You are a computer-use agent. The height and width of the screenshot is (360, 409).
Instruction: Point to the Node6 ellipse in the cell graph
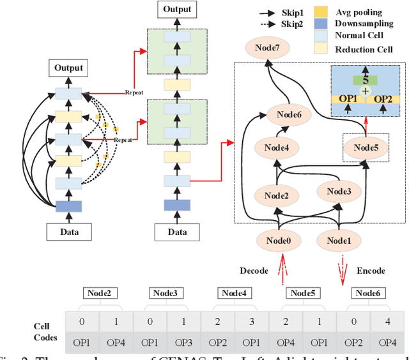pyautogui.click(x=293, y=115)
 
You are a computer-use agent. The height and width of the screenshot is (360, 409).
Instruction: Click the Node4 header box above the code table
pyautogui.click(x=235, y=293)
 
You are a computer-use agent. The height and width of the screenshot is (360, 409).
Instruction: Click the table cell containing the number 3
pyautogui.click(x=252, y=320)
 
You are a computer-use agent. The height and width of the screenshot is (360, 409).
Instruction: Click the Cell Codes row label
pyautogui.click(x=45, y=331)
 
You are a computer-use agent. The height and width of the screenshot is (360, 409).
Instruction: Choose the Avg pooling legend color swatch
pyautogui.click(x=321, y=12)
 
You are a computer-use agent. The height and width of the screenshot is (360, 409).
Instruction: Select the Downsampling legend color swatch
pyautogui.click(x=321, y=24)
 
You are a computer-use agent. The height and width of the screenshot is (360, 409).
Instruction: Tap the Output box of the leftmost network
pyautogui.click(x=68, y=68)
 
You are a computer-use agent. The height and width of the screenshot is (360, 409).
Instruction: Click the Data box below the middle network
pyautogui.click(x=177, y=231)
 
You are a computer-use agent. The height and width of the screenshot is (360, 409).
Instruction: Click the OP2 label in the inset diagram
pyautogui.click(x=383, y=99)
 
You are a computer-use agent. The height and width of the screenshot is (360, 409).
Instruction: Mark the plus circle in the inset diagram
pyautogui.click(x=365, y=92)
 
